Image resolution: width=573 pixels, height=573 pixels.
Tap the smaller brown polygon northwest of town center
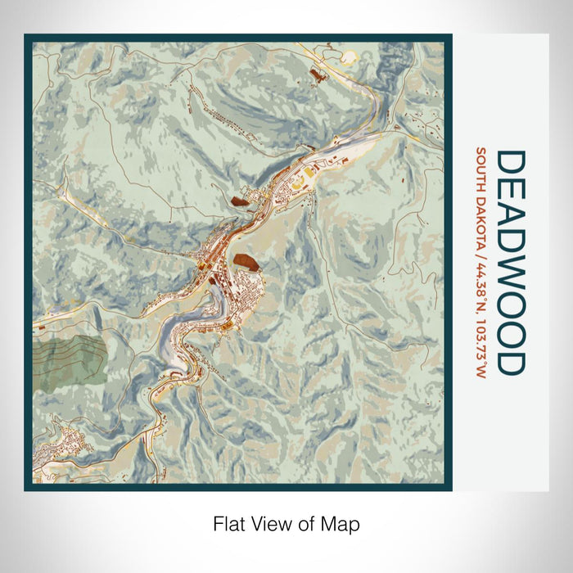click(x=239, y=199)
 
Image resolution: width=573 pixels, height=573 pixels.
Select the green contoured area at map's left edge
click(x=69, y=360)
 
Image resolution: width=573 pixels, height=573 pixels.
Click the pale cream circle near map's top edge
click(x=350, y=56)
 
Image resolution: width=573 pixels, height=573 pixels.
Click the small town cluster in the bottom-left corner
click(x=65, y=446)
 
